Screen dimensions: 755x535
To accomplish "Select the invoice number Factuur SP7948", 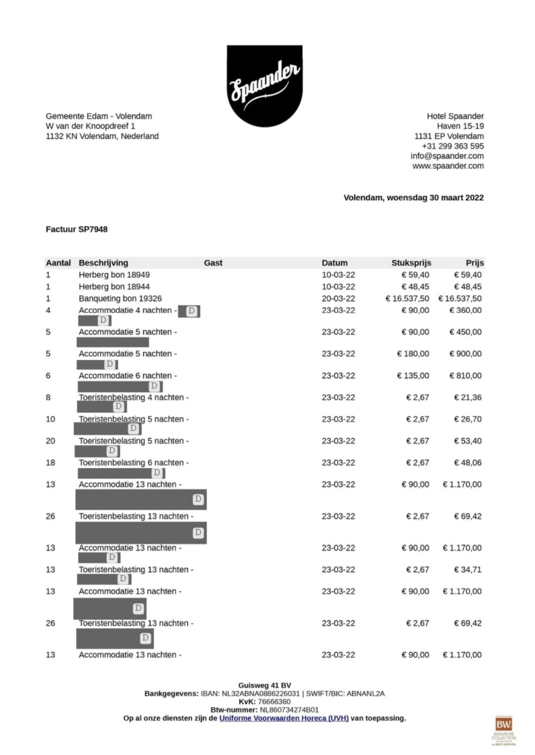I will pyautogui.click(x=77, y=229).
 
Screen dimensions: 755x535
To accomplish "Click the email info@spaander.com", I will pyautogui.click(x=447, y=156).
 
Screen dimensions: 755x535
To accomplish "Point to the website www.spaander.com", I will pyautogui.click(x=448, y=166).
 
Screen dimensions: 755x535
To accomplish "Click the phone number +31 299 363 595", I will pyautogui.click(x=453, y=146).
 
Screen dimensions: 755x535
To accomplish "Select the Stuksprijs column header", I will pyautogui.click(x=411, y=263).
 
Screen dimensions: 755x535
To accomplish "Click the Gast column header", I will pyautogui.click(x=213, y=263).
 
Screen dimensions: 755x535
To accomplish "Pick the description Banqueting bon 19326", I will pyautogui.click(x=120, y=298).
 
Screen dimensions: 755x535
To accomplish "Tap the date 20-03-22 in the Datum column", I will pyautogui.click(x=338, y=298).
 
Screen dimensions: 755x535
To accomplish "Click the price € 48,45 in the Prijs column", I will pyautogui.click(x=468, y=287).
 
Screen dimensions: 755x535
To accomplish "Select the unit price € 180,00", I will pyautogui.click(x=413, y=354).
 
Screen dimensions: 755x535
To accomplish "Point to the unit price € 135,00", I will pyautogui.click(x=413, y=376).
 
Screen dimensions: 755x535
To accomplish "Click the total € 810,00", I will pyautogui.click(x=465, y=376).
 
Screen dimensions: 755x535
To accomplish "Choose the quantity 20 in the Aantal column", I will pyautogui.click(x=50, y=441).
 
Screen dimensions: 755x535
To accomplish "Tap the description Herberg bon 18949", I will pyautogui.click(x=114, y=275).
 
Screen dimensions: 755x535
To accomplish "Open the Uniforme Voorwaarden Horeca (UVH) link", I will pyautogui.click(x=284, y=718).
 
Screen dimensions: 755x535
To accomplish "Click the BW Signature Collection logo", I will pyautogui.click(x=503, y=730).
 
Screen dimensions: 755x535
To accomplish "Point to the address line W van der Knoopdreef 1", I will pyautogui.click(x=90, y=126).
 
